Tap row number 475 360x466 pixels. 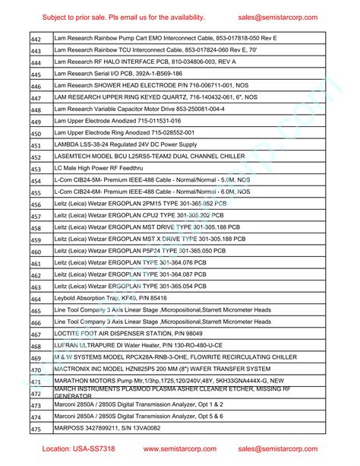pyautogui.click(x=36, y=429)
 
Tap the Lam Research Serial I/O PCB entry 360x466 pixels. pyautogui.click(x=118, y=74)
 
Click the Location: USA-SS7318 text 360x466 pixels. pyautogui.click(x=77, y=449)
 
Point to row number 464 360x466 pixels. pyautogui.click(x=36, y=299)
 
